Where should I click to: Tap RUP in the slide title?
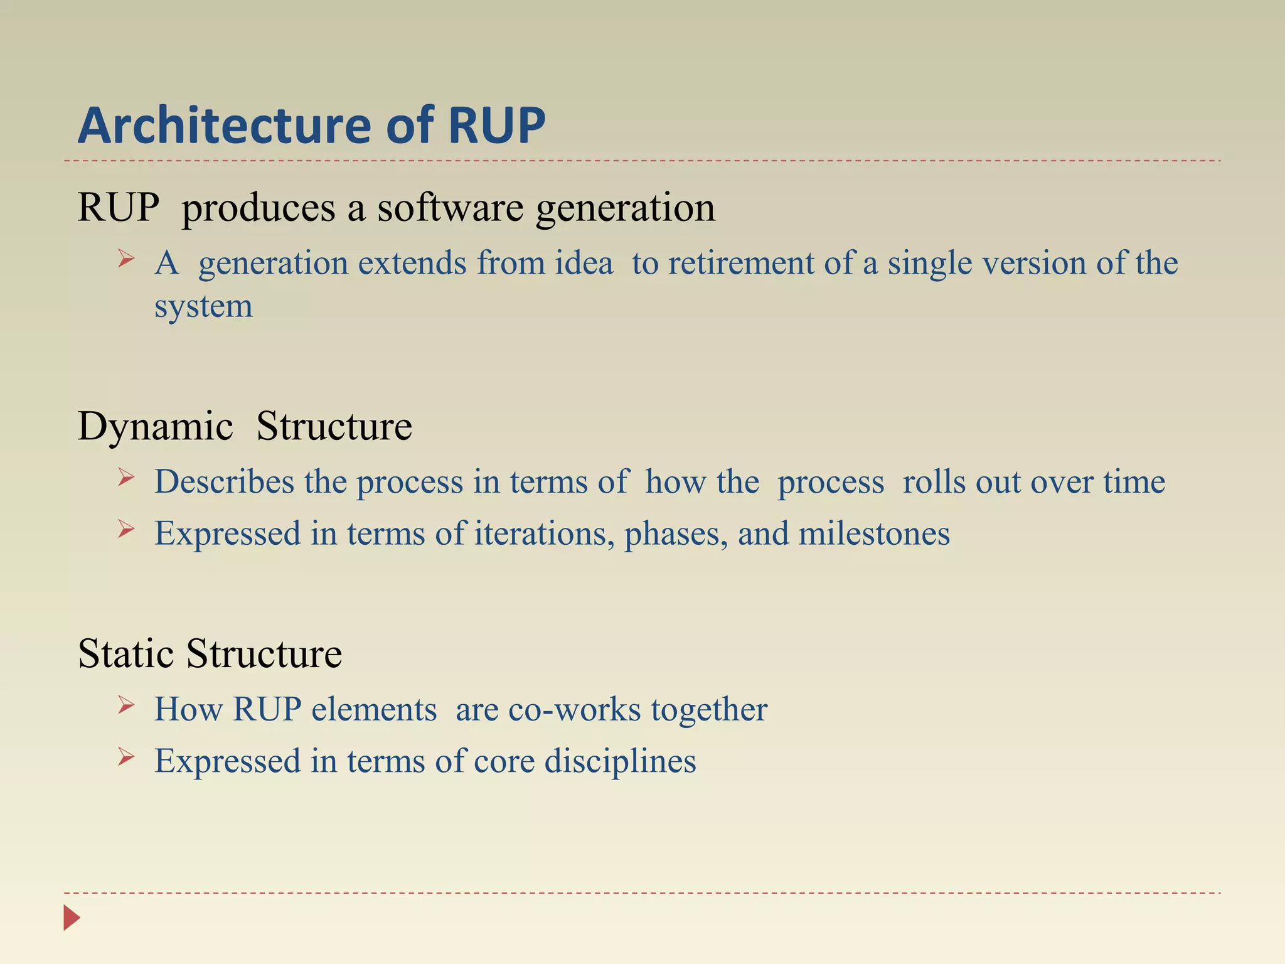[x=497, y=126]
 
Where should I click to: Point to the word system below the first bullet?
[x=203, y=307]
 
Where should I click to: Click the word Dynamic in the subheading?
[x=155, y=427]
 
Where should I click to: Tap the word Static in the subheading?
[x=125, y=654]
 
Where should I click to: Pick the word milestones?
[x=874, y=534]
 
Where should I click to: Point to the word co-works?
[x=574, y=710]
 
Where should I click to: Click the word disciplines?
[x=620, y=761]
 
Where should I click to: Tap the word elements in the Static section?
[x=374, y=710]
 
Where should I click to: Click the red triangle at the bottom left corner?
[x=72, y=918]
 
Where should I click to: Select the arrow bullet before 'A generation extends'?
[x=126, y=259]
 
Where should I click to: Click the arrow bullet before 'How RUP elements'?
[x=126, y=705]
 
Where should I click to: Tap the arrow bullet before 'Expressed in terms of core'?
[x=126, y=757]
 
